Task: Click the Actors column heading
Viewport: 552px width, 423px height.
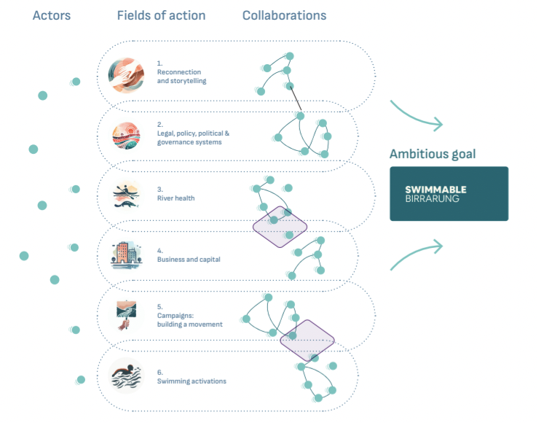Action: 52,15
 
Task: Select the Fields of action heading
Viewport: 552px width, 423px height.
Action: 161,15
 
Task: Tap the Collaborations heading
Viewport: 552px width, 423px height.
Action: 284,15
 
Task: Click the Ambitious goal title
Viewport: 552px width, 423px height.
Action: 433,154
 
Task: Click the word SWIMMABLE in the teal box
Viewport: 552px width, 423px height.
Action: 435,190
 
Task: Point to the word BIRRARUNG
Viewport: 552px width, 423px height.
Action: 433,198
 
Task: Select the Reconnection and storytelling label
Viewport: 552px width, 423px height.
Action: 181,77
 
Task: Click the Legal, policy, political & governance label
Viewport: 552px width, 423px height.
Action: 193,138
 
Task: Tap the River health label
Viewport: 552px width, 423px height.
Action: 176,198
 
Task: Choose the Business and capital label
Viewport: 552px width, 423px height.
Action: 188,259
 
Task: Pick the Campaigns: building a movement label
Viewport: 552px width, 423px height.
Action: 189,319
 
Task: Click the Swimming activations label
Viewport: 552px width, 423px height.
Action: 191,381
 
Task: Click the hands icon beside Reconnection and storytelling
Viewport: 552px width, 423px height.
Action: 125,76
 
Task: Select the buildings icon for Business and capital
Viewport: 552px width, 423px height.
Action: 125,255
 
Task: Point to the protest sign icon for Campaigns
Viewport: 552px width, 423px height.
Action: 125,316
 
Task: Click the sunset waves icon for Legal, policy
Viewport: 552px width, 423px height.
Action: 125,136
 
